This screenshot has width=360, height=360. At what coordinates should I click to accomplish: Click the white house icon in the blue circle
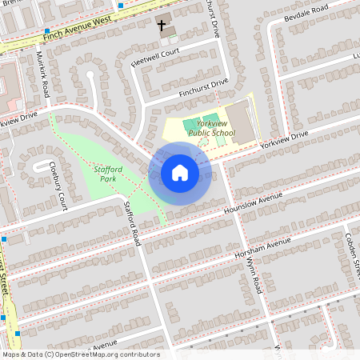[x=180, y=173]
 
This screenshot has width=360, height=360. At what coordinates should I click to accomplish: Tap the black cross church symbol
[x=162, y=26]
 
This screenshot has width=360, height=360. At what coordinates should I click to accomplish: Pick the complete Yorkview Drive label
[x=282, y=138]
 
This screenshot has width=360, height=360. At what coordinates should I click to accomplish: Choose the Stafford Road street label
[x=132, y=224]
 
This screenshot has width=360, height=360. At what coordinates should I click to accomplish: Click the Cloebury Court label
[x=58, y=186]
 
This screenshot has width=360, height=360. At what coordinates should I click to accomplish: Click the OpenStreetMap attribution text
[x=80, y=354]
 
